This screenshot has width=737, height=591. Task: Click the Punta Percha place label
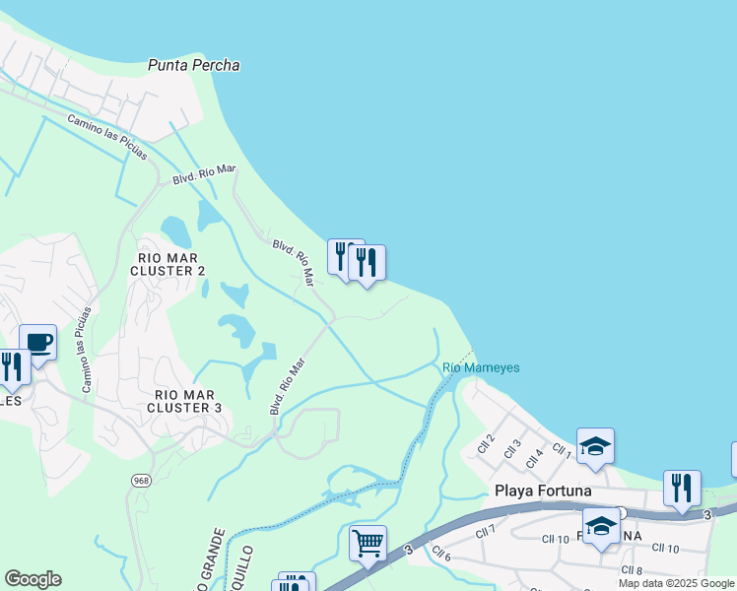point(194,65)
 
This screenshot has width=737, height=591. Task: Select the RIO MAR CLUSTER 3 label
point(184,400)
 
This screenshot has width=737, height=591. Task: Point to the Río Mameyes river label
point(481,367)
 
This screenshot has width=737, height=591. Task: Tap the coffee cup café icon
point(37,343)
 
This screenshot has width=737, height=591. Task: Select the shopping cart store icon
point(368,542)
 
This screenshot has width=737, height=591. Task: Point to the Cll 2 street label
point(485,440)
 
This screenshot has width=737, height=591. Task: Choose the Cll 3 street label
point(511,448)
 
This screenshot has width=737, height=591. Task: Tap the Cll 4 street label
point(534,457)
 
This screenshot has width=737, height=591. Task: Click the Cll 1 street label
point(562,451)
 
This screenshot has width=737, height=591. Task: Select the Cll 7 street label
point(485,532)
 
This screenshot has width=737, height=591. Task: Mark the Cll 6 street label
point(440,555)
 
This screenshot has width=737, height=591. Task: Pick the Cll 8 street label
point(632,570)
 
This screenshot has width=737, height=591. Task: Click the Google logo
point(33,579)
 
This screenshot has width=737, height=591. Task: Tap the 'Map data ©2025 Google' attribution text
point(676,583)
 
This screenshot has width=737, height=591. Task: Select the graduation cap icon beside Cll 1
point(596,446)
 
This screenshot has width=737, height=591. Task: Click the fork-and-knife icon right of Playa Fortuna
point(682,487)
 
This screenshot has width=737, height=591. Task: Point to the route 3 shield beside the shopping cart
point(408,548)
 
